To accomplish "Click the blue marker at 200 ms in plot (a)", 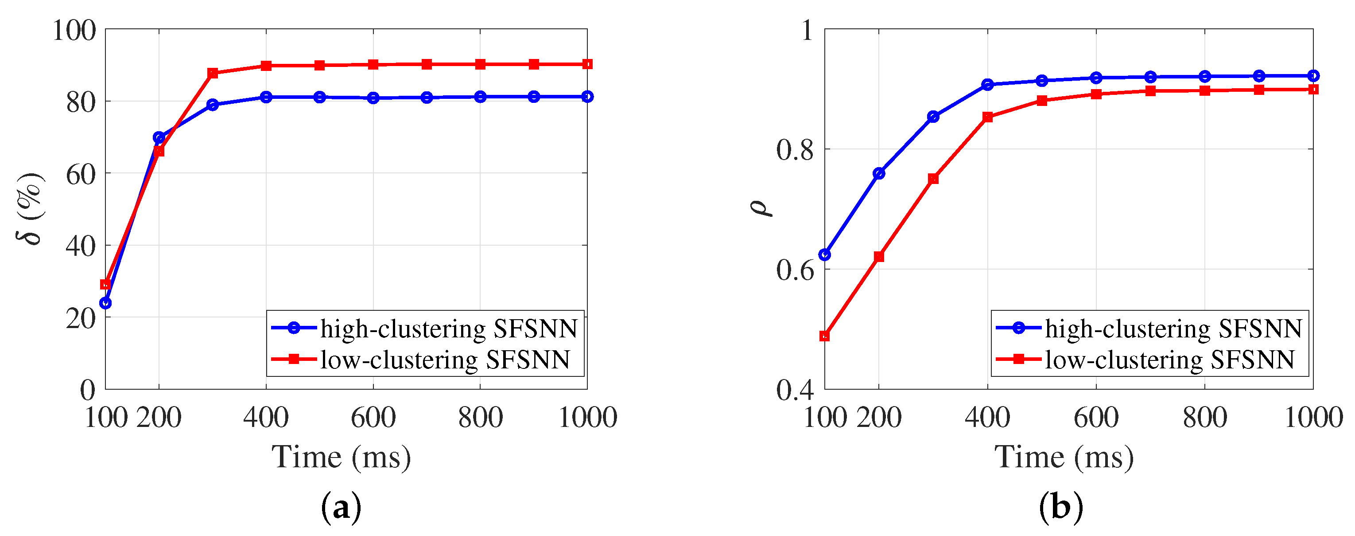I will point(159,137).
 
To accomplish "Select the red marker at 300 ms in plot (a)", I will point(213,73).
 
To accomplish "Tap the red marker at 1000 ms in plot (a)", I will point(587,64).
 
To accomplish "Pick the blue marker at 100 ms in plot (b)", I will point(825,255).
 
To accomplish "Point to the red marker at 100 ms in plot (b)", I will point(825,336).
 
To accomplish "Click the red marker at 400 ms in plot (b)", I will point(987,117).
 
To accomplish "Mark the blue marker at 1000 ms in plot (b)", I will point(1313,76).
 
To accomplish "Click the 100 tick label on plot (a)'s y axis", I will point(74,31).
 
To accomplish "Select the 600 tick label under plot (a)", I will point(373,418).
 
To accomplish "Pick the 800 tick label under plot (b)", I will point(1204,418).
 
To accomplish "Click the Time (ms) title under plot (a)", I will point(341,457).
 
